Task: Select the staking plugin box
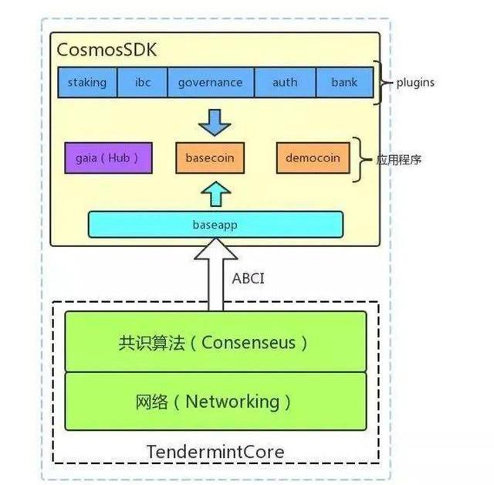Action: point(87,83)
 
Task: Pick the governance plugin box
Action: point(210,83)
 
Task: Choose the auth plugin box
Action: point(285,83)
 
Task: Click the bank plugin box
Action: point(344,83)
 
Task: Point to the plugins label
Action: point(414,83)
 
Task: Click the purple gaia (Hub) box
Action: point(108,158)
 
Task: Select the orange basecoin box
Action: point(210,158)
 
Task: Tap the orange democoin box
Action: point(313,158)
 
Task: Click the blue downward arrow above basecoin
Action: point(215,122)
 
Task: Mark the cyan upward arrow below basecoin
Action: point(215,192)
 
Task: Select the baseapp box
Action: point(215,224)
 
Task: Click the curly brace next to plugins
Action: point(378,83)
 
